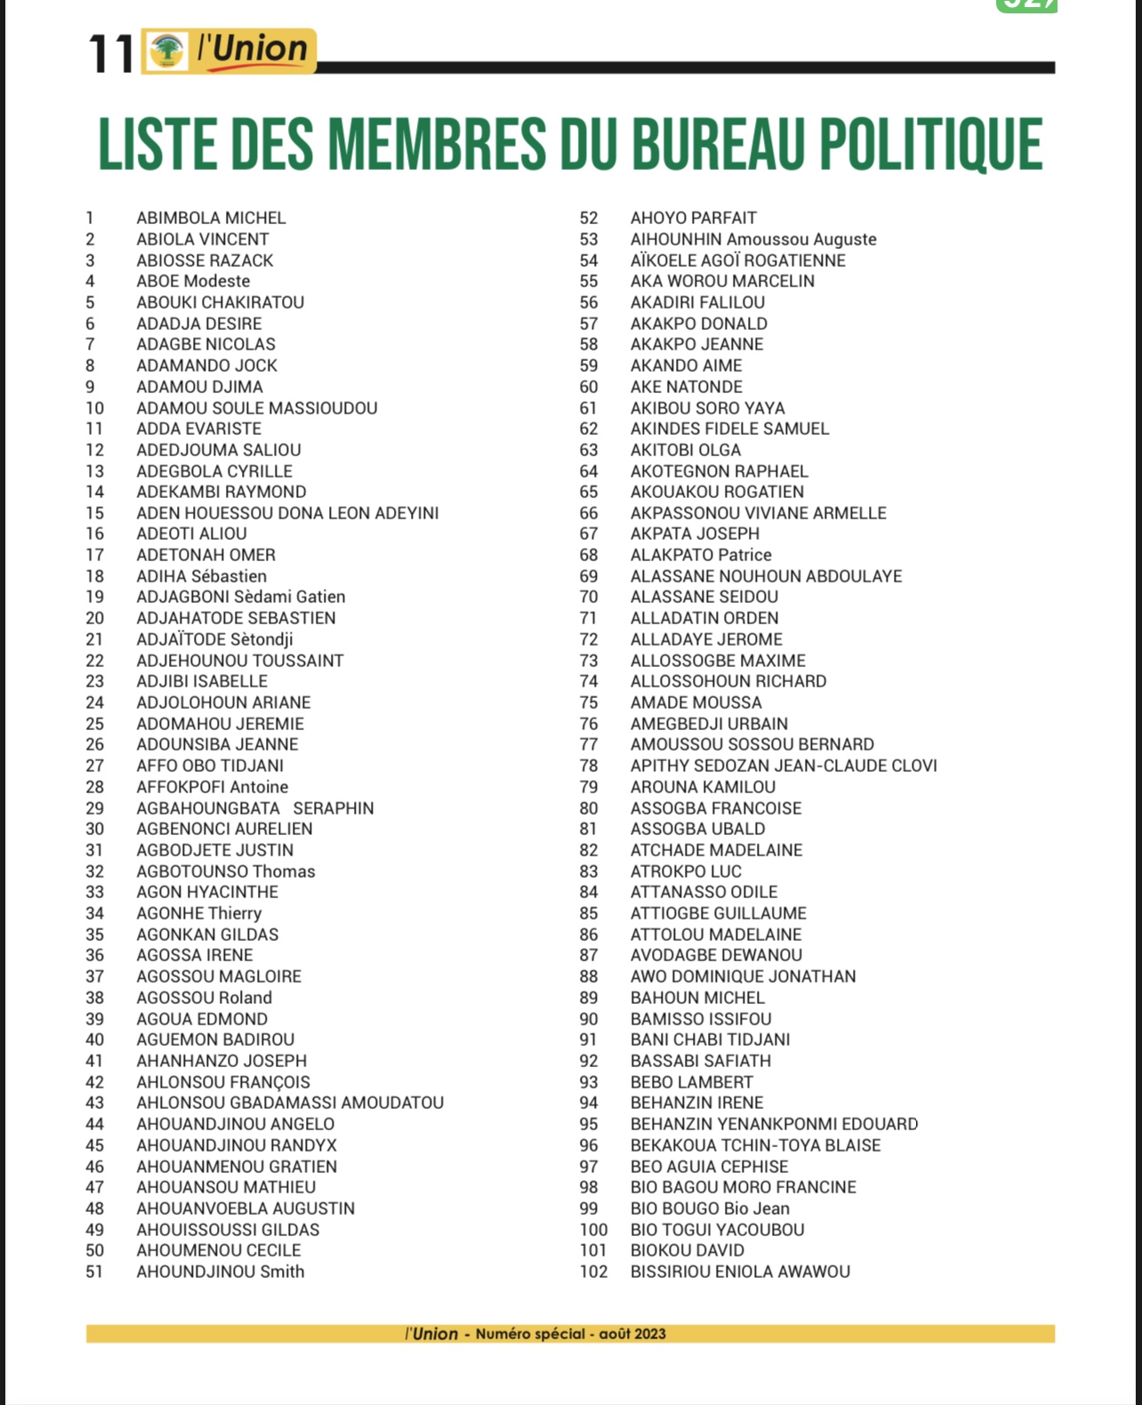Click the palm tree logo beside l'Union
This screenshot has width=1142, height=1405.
pyautogui.click(x=166, y=51)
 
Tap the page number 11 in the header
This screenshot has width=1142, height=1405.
pyautogui.click(x=111, y=53)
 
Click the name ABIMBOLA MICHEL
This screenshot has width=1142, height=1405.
pyautogui.click(x=211, y=218)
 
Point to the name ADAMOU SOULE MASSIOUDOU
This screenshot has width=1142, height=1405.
pyautogui.click(x=256, y=408)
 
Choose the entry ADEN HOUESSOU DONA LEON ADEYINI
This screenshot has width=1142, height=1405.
pyautogui.click(x=287, y=513)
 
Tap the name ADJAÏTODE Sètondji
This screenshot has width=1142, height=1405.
pyautogui.click(x=214, y=639)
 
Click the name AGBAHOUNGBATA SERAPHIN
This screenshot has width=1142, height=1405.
pyautogui.click(x=254, y=808)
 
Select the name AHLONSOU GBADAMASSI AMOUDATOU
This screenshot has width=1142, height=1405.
pyautogui.click(x=289, y=1103)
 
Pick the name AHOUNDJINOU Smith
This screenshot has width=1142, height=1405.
pyautogui.click(x=220, y=1272)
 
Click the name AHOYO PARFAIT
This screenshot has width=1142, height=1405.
pyautogui.click(x=694, y=218)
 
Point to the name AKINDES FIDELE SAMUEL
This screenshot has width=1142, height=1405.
pyautogui.click(x=729, y=429)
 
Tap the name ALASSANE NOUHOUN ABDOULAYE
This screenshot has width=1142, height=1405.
pyautogui.click(x=766, y=576)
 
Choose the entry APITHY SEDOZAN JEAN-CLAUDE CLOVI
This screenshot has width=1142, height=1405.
pyautogui.click(x=784, y=766)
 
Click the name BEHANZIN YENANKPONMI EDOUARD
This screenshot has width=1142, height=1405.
pyautogui.click(x=774, y=1124)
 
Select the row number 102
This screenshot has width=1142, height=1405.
pyautogui.click(x=593, y=1272)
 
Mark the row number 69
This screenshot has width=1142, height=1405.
pyautogui.click(x=589, y=576)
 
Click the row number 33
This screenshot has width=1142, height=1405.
pyautogui.click(x=94, y=892)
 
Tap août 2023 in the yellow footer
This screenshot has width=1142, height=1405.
pyautogui.click(x=632, y=1334)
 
